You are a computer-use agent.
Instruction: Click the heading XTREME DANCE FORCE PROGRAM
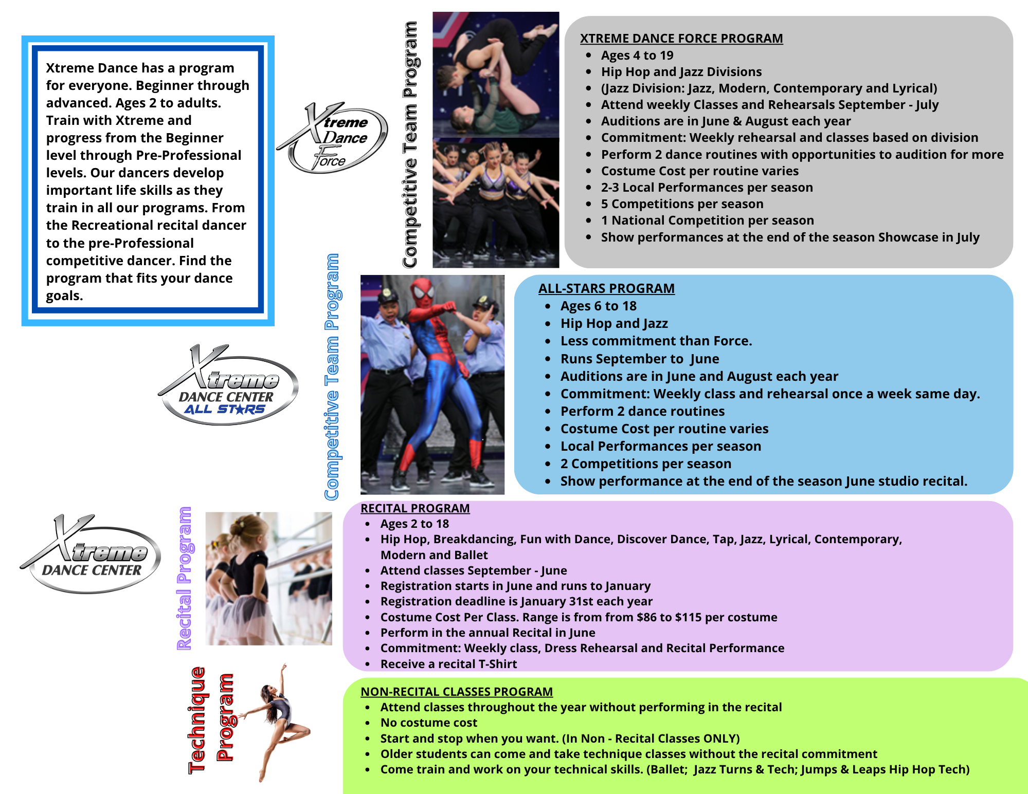[681, 39]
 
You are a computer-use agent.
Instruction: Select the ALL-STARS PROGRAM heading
[606, 288]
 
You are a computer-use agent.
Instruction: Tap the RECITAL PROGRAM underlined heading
[415, 508]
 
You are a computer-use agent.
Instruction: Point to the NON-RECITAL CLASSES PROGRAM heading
[457, 692]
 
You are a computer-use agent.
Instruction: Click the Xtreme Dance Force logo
[333, 138]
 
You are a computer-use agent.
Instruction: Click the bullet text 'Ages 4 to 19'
[637, 56]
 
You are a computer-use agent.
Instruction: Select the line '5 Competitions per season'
[682, 204]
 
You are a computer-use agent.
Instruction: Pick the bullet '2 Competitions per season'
[645, 464]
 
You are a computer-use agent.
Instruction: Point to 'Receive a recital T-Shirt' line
[448, 664]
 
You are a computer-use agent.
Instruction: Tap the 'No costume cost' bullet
[428, 723]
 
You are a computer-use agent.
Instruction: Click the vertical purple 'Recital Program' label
[184, 578]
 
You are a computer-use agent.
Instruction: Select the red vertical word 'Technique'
[197, 720]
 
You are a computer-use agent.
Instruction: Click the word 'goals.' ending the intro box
[64, 296]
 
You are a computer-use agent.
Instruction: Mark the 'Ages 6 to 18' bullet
[598, 306]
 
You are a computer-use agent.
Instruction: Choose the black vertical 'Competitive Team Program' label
[410, 144]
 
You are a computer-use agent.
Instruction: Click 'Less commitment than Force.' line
[656, 341]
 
